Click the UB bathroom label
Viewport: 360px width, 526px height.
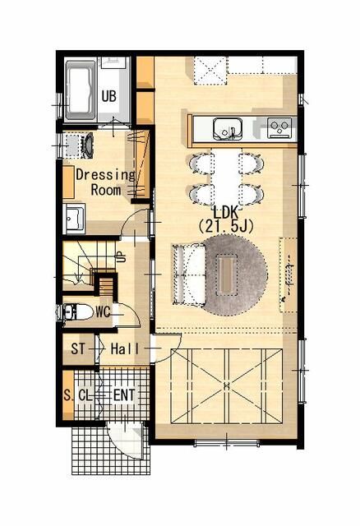[108, 96]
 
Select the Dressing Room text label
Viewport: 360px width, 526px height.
[105, 182]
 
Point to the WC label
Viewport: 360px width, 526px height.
[103, 312]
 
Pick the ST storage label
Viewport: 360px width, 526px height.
[78, 348]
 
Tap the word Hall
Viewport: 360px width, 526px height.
[125, 348]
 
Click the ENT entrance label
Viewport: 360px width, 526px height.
[124, 395]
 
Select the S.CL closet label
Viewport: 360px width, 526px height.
[80, 395]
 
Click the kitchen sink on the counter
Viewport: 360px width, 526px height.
[227, 127]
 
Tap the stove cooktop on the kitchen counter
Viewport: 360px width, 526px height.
[279, 127]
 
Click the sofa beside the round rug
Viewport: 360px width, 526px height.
[187, 275]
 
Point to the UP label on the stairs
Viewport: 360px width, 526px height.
[120, 256]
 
